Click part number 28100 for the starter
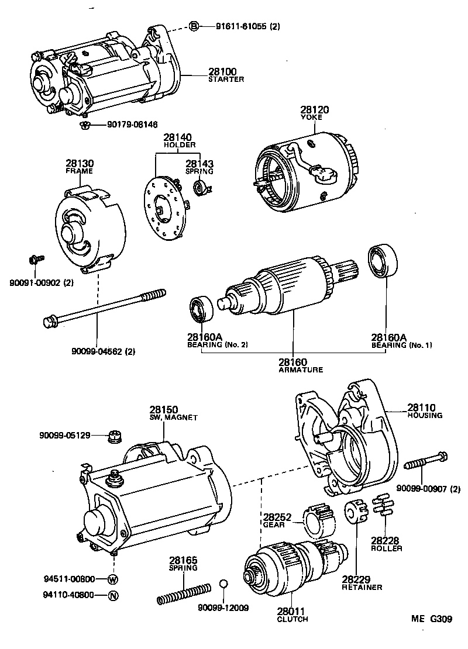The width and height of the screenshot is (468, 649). point(222,71)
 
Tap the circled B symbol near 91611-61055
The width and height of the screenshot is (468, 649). point(195,25)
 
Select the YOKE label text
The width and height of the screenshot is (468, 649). point(315,117)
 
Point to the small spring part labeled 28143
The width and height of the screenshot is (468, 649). point(199,187)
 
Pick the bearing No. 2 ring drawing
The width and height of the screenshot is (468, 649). point(202,309)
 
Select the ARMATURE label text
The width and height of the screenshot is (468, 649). point(292,370)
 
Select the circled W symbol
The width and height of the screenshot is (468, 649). point(113,579)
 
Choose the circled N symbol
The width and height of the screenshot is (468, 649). point(113,596)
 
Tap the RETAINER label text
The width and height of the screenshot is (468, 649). point(362,587)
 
